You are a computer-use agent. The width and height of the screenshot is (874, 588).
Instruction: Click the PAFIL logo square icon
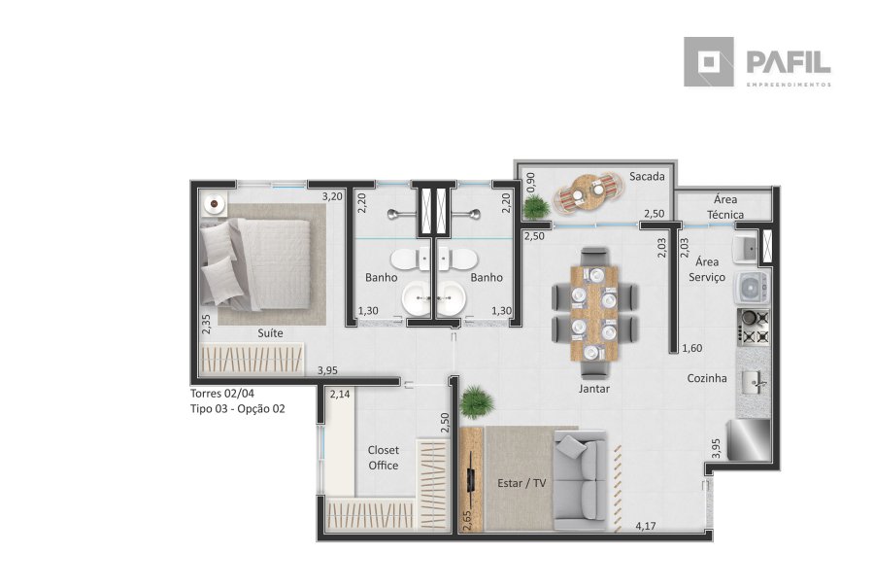coord(709,62)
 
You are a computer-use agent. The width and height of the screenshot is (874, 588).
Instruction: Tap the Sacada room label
coord(647,176)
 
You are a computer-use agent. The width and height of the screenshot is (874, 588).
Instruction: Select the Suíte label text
coord(270,333)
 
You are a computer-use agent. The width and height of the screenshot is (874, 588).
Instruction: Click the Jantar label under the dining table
coord(594,389)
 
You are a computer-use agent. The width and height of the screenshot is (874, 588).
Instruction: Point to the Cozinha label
coord(707,378)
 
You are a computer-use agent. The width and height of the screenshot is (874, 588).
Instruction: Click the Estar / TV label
coord(521,483)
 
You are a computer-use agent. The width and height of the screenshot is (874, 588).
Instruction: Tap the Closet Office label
coord(384,458)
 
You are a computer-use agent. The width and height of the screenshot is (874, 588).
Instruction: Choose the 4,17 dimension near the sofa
coord(646,526)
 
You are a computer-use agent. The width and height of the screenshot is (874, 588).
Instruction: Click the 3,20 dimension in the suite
coord(332,196)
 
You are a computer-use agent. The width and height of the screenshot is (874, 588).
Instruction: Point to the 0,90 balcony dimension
coord(530,183)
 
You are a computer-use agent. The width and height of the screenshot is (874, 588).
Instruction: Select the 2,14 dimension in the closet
coord(340,394)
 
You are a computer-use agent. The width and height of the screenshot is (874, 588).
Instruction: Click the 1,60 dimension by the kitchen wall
coord(692,348)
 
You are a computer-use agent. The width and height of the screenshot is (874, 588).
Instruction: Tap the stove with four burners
coord(754,327)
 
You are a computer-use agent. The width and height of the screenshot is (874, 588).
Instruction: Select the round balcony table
coord(588,192)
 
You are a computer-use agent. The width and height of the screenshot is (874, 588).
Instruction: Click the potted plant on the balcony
coord(536,207)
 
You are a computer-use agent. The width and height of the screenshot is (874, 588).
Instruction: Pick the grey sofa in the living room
coord(581,482)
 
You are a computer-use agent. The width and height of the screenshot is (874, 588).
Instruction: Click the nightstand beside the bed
coord(215,204)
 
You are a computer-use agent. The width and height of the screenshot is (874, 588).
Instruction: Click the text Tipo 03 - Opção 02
coord(238,409)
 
